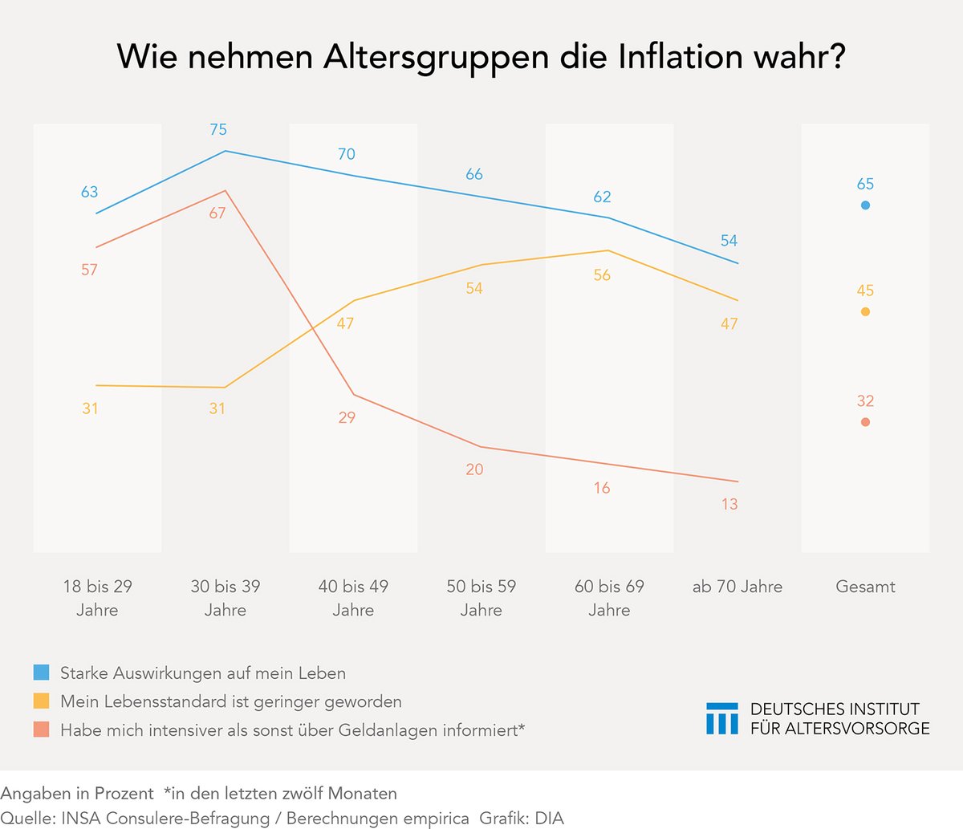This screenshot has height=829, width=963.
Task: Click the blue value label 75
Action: (x=217, y=129)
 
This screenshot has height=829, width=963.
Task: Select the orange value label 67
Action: (x=217, y=213)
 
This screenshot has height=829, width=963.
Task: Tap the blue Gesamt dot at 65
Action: (x=865, y=205)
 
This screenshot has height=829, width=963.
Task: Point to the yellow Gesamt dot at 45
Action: (x=865, y=312)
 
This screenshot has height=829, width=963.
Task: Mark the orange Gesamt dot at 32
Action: (x=865, y=422)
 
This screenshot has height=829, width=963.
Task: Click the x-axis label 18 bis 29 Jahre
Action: (x=97, y=598)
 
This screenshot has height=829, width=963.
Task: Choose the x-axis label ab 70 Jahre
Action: (x=737, y=587)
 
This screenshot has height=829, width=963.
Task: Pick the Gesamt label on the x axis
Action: (x=865, y=587)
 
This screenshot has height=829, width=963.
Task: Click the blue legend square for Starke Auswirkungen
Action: (x=42, y=673)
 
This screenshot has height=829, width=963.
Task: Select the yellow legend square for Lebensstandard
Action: (x=42, y=701)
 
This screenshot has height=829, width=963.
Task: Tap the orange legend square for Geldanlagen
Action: (x=42, y=729)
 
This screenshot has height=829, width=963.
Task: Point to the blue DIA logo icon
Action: (x=721, y=718)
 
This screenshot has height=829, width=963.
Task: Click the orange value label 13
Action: (x=729, y=505)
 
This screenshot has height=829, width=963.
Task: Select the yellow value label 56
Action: (x=602, y=275)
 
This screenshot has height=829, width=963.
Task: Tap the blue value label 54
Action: (x=729, y=241)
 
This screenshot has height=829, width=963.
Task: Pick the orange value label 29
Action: (x=346, y=417)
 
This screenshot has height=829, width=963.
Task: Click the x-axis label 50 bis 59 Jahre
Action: (x=481, y=598)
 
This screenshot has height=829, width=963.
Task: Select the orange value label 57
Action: (x=89, y=270)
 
